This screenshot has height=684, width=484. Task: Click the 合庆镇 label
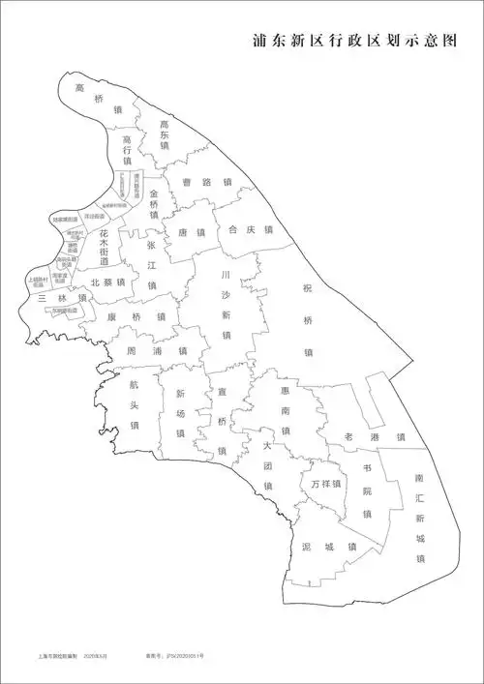[x=245, y=230]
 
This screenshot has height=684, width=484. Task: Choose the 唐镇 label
[x=193, y=233]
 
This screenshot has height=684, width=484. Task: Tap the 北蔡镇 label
[x=107, y=283]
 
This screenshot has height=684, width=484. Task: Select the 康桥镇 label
[x=136, y=317]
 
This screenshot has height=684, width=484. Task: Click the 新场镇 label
[x=180, y=413]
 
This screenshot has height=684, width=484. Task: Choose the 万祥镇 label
[x=327, y=484]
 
